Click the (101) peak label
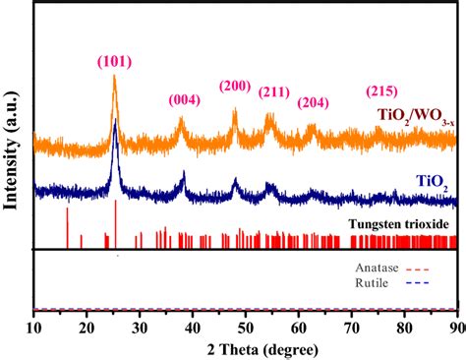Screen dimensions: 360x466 pyautogui.click(x=115, y=63)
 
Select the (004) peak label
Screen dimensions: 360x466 pyautogui.click(x=187, y=99)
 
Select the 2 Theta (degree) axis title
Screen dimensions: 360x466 pyautogui.click(x=245, y=349)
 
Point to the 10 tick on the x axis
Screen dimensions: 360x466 pyautogui.click(x=33, y=328)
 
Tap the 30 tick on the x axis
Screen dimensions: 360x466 pyautogui.click(x=140, y=328)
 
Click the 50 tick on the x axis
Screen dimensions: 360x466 pyautogui.click(x=246, y=328)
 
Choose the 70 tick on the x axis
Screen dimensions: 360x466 pyautogui.click(x=352, y=328)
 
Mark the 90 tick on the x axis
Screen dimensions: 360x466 pyautogui.click(x=455, y=328)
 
